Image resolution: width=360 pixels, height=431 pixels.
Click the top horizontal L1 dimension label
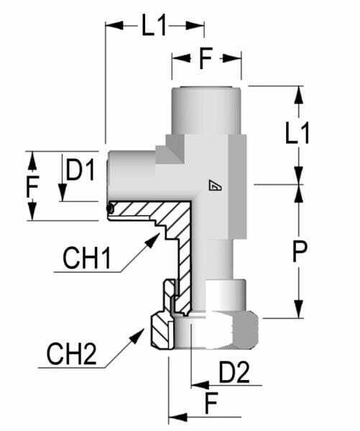[154, 26]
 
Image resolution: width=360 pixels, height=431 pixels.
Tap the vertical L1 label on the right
[297, 134]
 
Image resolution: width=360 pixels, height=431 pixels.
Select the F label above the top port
[206, 58]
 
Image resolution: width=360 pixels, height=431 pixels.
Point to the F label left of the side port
[32, 186]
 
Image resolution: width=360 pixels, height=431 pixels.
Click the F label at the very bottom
[211, 403]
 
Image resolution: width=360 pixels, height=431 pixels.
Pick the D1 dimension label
[80, 170]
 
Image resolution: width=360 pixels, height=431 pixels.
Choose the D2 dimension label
[234, 372]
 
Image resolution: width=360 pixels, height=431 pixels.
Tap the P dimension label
[300, 251]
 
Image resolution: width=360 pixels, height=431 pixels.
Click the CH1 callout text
[87, 259]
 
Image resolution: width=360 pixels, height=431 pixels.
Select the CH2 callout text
[72, 354]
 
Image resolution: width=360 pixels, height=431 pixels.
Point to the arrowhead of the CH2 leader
[137, 335]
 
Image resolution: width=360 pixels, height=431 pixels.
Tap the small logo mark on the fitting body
[215, 185]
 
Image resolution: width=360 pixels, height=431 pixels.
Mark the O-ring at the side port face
[111, 209]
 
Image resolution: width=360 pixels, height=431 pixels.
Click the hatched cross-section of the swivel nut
[160, 331]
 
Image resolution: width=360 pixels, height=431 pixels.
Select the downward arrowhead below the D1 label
[63, 192]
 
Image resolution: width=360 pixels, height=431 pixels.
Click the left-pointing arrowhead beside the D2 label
[200, 385]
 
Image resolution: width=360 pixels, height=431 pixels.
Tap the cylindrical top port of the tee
[206, 110]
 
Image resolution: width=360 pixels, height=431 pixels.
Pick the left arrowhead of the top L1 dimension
[114, 26]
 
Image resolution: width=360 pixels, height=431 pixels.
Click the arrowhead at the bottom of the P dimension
[298, 309]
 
